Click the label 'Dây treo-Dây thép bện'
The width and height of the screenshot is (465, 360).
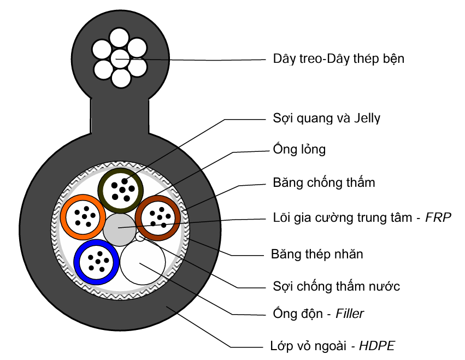[338, 58]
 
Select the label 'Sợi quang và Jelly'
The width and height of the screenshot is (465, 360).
[326, 118]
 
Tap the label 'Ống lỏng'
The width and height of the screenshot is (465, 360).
[299, 149]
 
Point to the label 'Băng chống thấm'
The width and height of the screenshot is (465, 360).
[323, 182]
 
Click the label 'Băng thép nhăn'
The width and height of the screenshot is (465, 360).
[317, 254]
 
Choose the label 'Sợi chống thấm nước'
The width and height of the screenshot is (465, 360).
[336, 286]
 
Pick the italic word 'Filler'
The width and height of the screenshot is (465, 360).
[350, 314]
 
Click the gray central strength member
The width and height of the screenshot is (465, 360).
[119, 228]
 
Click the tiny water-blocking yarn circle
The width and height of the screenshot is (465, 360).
[140, 237]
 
